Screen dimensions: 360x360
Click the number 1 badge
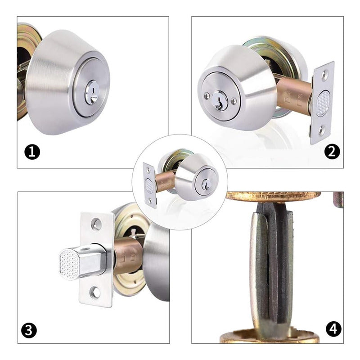pyautogui.click(x=32, y=152)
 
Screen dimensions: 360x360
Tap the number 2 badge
pyautogui.click(x=332, y=152)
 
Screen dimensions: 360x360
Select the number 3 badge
pyautogui.click(x=29, y=331)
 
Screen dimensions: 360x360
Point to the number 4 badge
pyautogui.click(x=333, y=329)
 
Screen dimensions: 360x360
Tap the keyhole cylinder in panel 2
pyautogui.click(x=220, y=101)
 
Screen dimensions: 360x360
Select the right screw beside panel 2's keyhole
pyautogui.click(x=234, y=100)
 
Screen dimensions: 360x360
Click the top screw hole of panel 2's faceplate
pyautogui.click(x=324, y=75)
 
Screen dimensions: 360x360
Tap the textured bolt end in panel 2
pyautogui.click(x=323, y=103)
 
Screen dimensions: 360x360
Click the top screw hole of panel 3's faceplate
pyautogui.click(x=96, y=224)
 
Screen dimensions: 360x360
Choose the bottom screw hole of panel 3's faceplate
pyautogui.click(x=95, y=293)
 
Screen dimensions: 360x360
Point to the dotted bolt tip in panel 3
pyautogui.click(x=69, y=265)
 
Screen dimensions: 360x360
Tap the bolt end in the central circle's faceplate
pyautogui.click(x=149, y=185)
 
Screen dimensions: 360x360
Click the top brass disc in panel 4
pyautogui.click(x=273, y=197)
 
